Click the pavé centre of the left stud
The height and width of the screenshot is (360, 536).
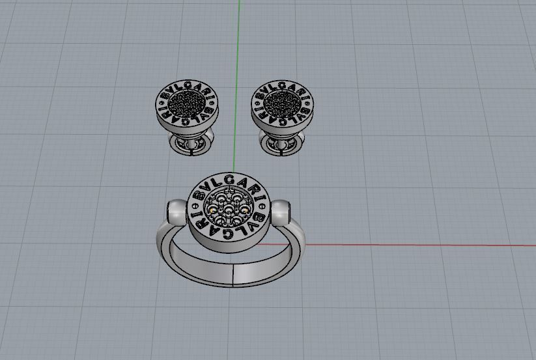point(187,103)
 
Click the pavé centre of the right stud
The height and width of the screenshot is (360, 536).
point(283,103)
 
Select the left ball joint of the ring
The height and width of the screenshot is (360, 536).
point(175,212)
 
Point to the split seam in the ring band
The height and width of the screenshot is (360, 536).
point(233,274)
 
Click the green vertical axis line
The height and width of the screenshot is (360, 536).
point(240,39)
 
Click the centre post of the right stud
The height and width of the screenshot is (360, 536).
point(283,137)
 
